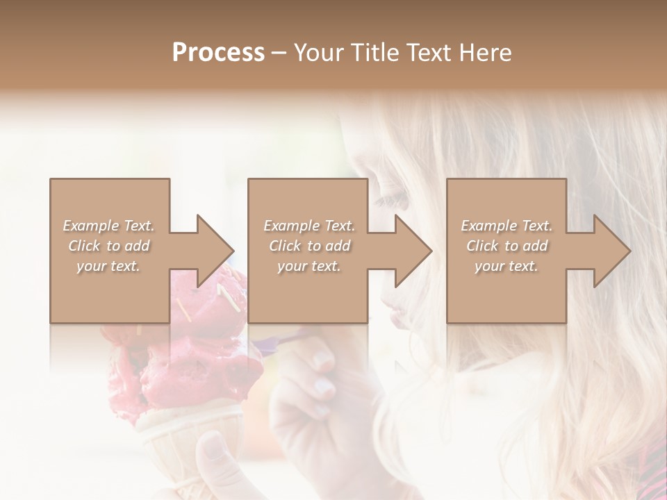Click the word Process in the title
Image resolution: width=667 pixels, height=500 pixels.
point(218,53)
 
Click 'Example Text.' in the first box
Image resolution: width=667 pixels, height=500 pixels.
point(109,226)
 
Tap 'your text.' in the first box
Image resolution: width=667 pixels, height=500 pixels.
point(109,266)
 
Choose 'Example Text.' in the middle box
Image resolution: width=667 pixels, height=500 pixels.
point(309,226)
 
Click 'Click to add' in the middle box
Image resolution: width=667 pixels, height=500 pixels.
point(309,246)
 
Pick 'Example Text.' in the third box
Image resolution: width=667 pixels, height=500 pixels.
point(507,226)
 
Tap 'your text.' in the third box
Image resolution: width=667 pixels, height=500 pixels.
point(507,266)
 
